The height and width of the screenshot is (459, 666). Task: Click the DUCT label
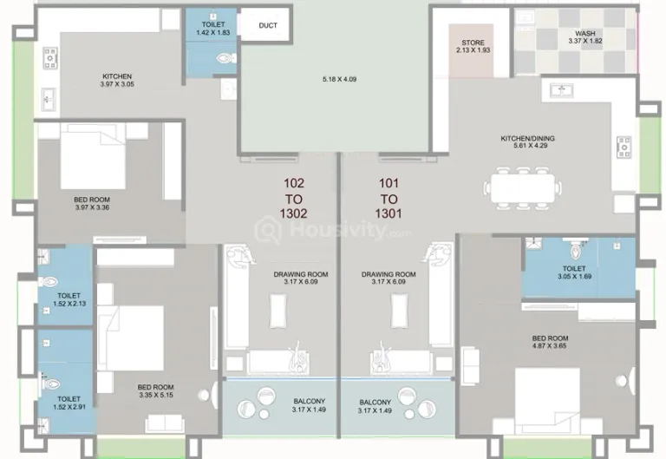[268, 25]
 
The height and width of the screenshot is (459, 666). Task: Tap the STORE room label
[473, 43]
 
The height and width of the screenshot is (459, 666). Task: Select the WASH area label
[585, 33]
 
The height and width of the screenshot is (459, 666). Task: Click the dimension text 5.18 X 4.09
[339, 79]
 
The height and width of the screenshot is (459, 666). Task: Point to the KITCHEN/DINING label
[527, 138]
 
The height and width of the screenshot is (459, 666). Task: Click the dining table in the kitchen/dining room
[523, 187]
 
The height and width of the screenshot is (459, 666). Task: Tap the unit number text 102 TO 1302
[293, 198]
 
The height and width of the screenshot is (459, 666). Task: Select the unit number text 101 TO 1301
[388, 198]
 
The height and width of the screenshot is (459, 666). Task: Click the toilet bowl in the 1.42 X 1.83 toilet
[226, 58]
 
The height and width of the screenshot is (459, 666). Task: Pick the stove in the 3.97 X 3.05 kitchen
[50, 58]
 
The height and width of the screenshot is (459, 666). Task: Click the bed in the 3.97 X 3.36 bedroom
[93, 156]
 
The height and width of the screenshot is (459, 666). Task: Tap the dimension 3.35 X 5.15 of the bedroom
[156, 395]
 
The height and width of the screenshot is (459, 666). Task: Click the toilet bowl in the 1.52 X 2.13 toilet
[49, 281]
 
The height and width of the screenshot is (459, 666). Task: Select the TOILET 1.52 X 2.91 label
[69, 403]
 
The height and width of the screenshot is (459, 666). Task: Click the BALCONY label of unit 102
[310, 401]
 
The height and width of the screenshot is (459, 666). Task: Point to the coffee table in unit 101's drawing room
[399, 311]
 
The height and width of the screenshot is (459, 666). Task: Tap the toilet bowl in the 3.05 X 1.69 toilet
[576, 251]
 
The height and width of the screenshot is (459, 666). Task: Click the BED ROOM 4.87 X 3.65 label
[550, 342]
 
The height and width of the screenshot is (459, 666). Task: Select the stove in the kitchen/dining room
[624, 147]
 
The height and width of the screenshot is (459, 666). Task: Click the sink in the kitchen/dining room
[562, 90]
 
